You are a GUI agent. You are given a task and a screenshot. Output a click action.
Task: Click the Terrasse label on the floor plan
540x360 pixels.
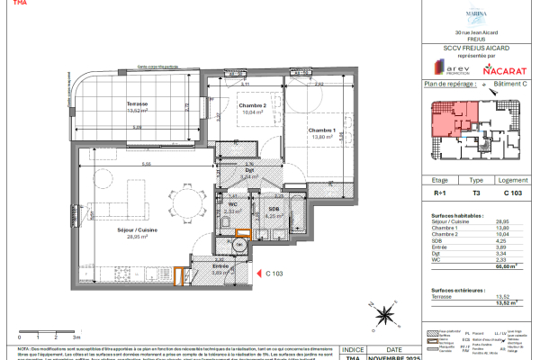(x=138, y=103)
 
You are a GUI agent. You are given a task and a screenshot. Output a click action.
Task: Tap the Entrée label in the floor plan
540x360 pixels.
(x=220, y=266)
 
